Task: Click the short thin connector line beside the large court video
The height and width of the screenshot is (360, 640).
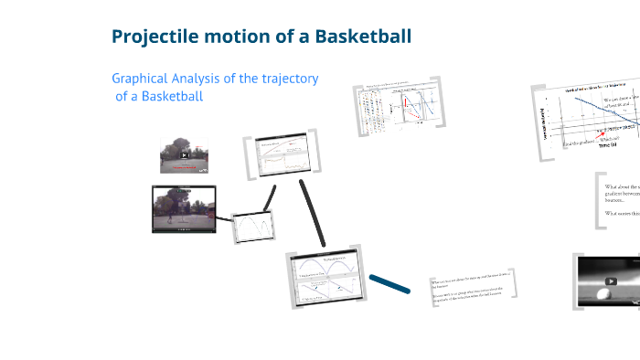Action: [269, 197]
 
